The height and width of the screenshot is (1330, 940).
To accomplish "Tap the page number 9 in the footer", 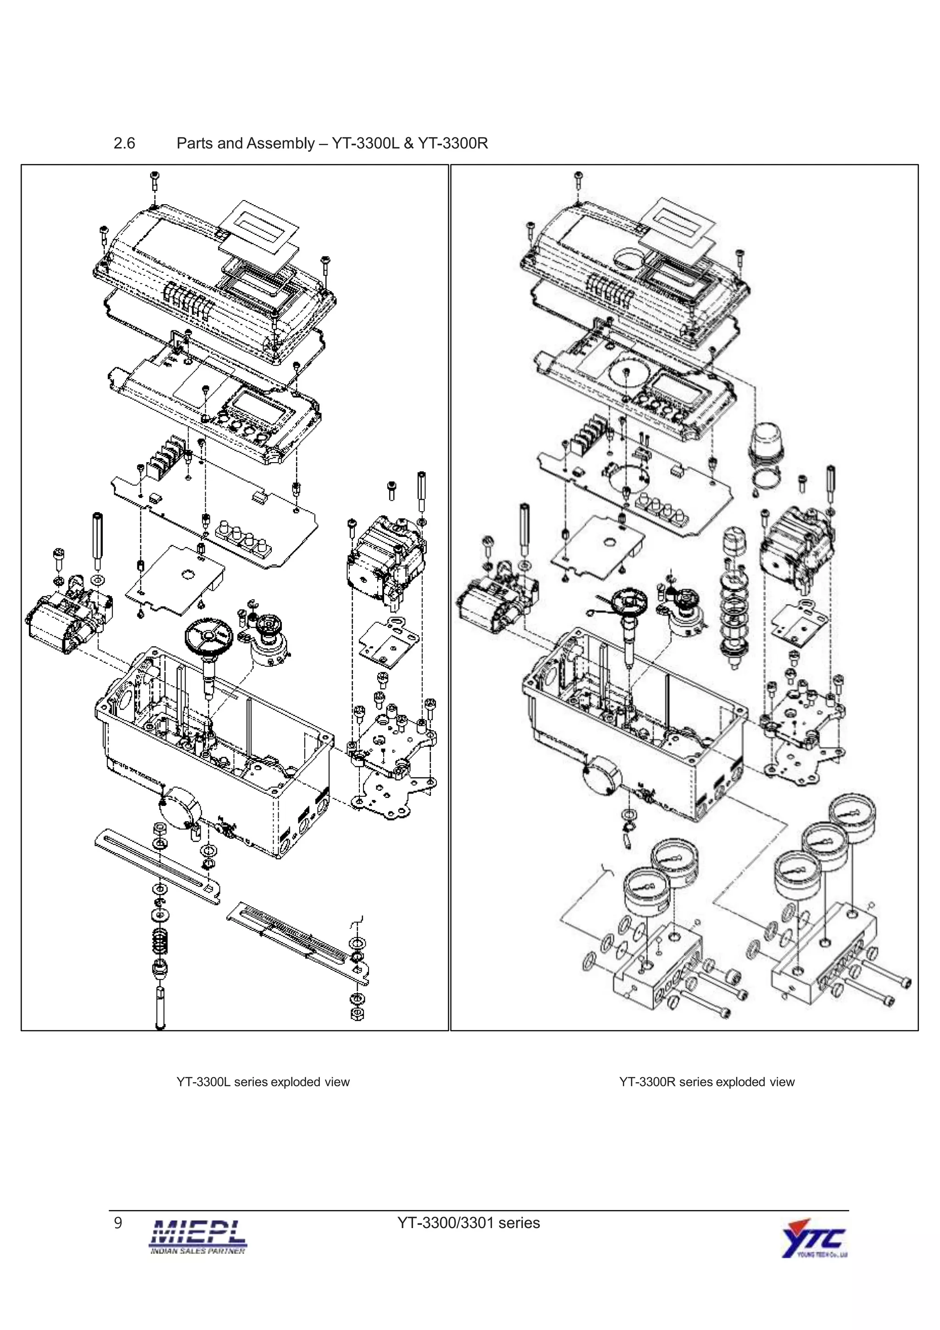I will (118, 1222).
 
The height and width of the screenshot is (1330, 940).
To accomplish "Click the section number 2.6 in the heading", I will (124, 143).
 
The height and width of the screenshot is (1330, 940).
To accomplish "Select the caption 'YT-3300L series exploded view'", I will (263, 1082).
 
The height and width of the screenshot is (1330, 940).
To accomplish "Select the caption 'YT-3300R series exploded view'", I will (706, 1082).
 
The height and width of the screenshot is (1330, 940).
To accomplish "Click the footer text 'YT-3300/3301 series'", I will (469, 1222).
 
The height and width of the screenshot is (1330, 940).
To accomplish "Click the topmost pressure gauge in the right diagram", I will (852, 817).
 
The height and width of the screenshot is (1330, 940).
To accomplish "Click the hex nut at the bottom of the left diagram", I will (358, 1014).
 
